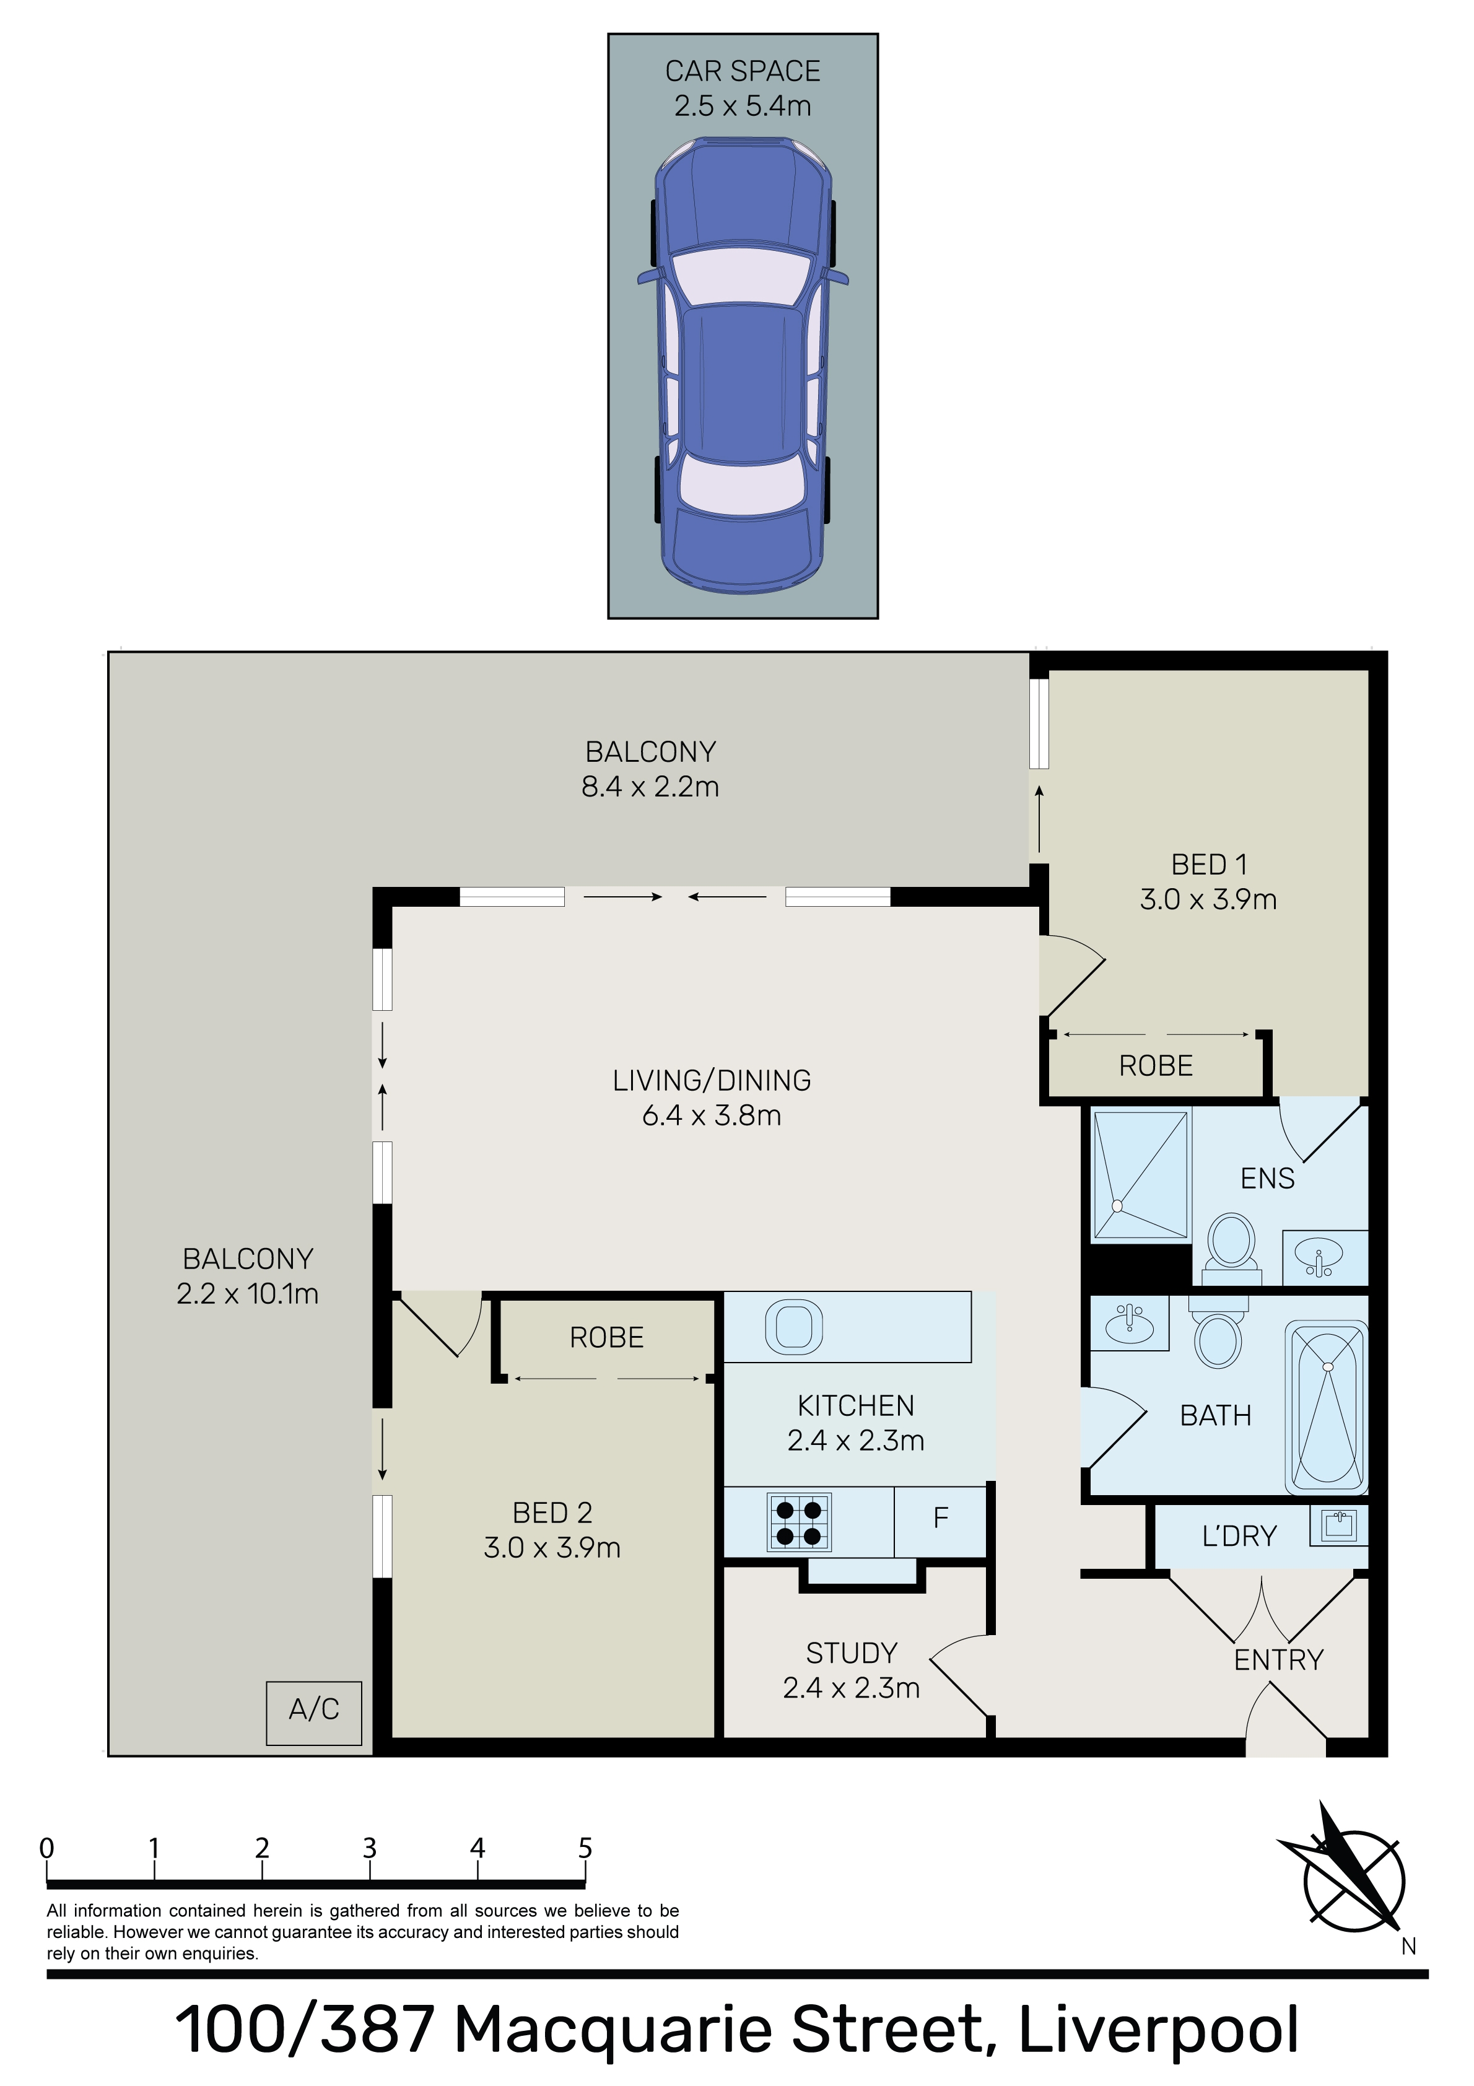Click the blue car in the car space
click(x=743, y=365)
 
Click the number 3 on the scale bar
click(x=370, y=1847)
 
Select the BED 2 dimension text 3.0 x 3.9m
click(x=552, y=1547)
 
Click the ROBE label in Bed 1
click(x=1156, y=1066)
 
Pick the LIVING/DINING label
click(x=712, y=1080)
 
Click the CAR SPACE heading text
click(x=743, y=71)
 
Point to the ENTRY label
click(x=1279, y=1660)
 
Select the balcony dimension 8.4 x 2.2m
click(x=650, y=787)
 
